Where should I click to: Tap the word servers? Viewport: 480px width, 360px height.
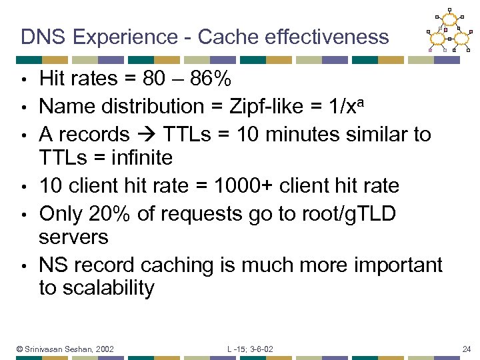(73, 237)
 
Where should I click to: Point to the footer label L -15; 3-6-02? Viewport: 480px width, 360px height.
(250, 349)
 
